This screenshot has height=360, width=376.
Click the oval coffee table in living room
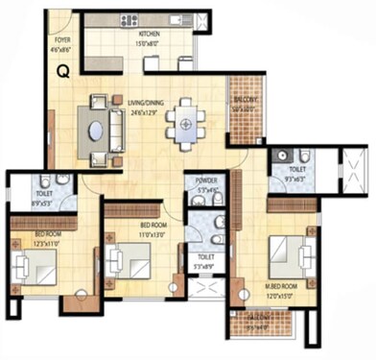[x=98, y=129]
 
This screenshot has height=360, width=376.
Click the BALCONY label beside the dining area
[x=242, y=103]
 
